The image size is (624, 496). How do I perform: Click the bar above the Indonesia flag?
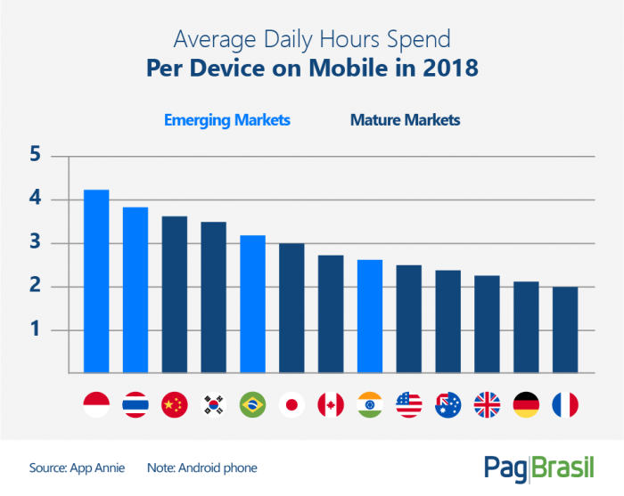tap(96, 281)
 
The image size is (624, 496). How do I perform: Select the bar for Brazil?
tap(252, 304)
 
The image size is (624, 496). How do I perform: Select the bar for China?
tap(175, 294)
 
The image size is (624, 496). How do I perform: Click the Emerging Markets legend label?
tap(226, 120)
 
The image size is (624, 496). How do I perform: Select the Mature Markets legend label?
tap(406, 120)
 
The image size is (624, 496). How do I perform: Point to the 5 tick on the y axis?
tap(36, 156)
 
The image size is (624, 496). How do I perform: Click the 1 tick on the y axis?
tap(36, 330)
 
